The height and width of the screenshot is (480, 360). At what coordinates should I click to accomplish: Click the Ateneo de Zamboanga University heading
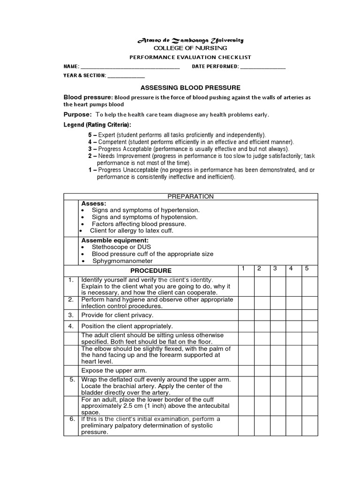[x=190, y=40]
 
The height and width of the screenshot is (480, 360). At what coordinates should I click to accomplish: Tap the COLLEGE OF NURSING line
[x=190, y=48]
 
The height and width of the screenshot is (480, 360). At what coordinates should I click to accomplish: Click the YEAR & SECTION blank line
[x=126, y=76]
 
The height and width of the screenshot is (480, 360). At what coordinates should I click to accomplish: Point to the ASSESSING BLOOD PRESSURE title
[x=190, y=88]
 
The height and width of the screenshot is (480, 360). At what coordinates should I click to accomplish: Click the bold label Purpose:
[x=77, y=115]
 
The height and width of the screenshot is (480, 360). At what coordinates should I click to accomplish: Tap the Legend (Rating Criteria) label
[x=97, y=125]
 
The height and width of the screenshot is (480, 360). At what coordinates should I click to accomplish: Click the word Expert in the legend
[x=106, y=135]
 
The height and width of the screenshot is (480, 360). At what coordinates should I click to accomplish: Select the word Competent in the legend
[x=111, y=142]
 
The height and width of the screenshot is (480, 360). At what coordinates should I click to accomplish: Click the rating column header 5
[x=307, y=269]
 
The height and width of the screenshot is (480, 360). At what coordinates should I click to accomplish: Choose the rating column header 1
[x=243, y=269]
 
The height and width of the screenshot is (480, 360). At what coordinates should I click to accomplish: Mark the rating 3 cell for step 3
[x=278, y=315]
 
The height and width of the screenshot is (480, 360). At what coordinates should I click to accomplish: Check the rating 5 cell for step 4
[x=310, y=326]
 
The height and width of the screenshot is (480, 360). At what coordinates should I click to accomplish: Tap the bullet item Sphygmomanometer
[x=122, y=261]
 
